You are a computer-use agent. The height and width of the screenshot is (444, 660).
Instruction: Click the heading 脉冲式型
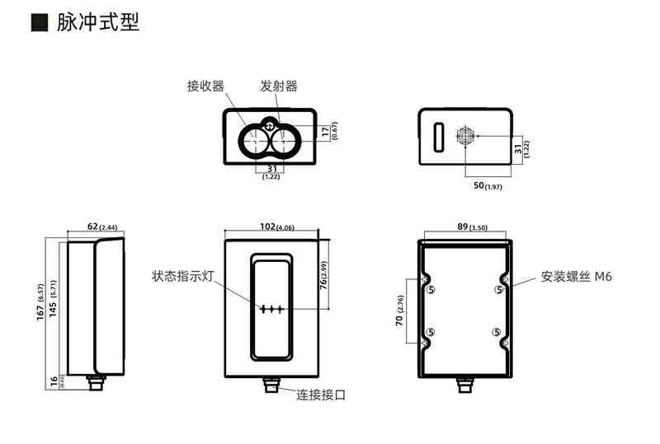click(x=97, y=22)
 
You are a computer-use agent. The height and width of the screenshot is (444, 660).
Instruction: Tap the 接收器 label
click(x=204, y=86)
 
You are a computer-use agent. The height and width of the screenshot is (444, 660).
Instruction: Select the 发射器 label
click(x=278, y=86)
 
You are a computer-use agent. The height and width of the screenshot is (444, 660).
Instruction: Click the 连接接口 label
click(x=322, y=395)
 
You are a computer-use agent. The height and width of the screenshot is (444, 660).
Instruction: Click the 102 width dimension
click(x=266, y=226)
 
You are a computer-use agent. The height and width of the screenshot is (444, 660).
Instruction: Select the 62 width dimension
click(x=97, y=226)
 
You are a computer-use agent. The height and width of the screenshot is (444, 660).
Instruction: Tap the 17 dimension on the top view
click(x=325, y=130)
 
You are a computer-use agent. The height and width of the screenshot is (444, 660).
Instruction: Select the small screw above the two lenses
click(x=270, y=125)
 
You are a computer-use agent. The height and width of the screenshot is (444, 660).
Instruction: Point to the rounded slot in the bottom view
click(x=439, y=134)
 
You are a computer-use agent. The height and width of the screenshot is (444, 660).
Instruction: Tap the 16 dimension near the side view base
click(x=54, y=381)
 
